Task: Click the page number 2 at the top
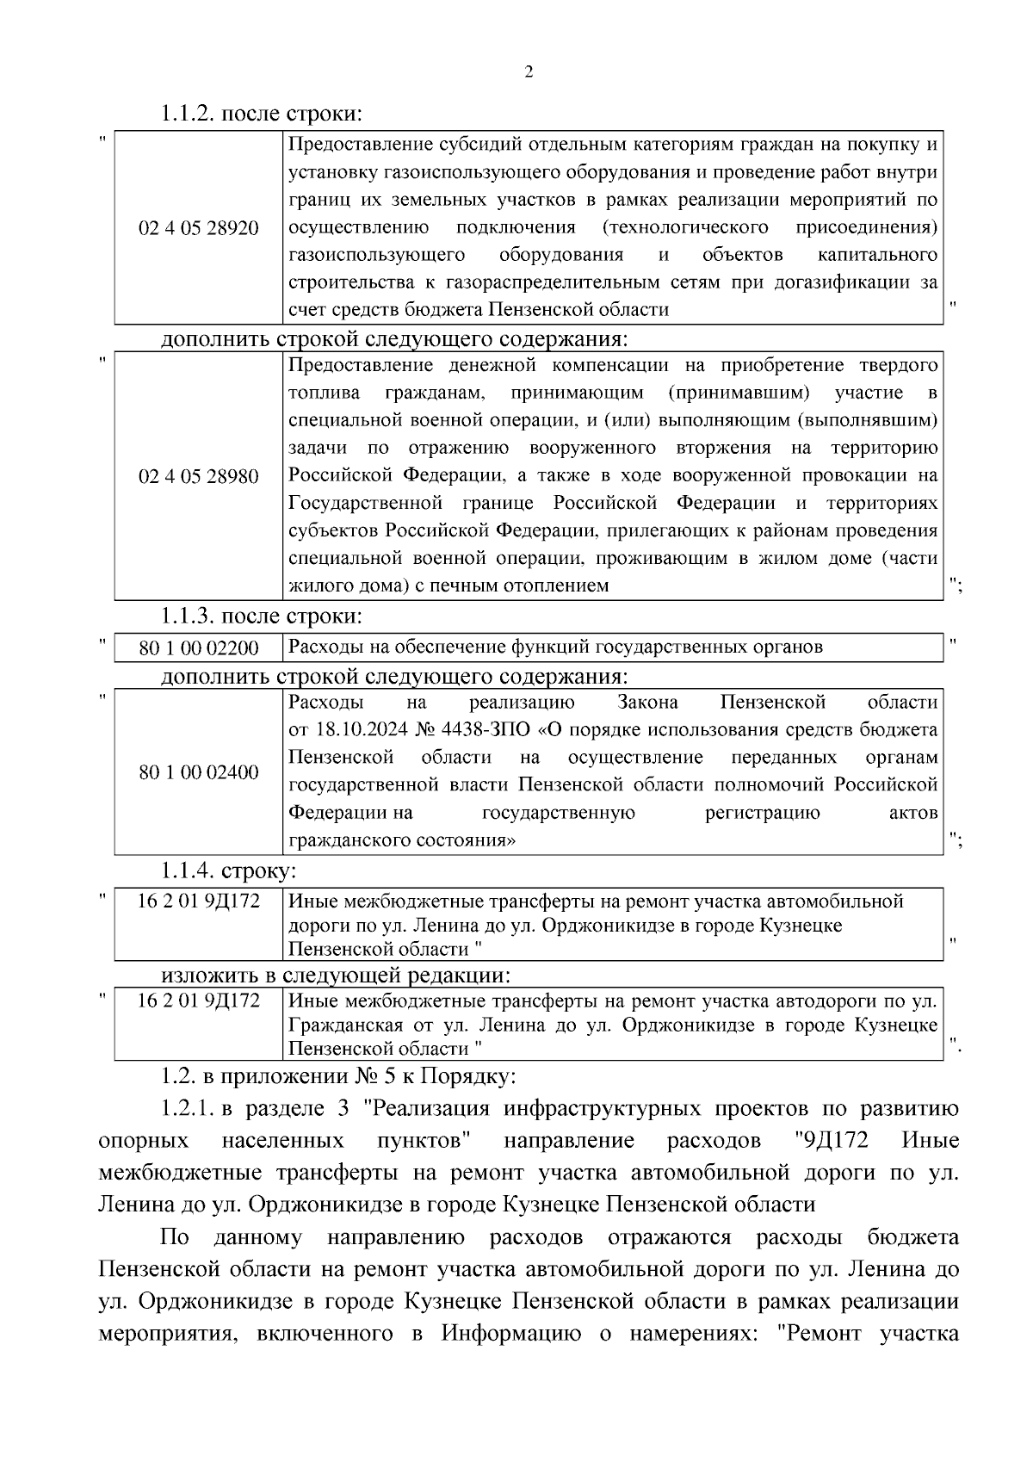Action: (x=529, y=72)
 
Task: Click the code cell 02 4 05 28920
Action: (x=199, y=228)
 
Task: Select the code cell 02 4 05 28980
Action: (x=199, y=476)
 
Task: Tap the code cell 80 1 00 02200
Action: (x=199, y=647)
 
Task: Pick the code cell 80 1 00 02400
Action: (x=199, y=772)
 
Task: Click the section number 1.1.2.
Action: (x=188, y=113)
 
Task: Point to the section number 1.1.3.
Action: (x=188, y=616)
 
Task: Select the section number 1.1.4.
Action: (x=188, y=870)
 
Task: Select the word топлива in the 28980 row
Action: (x=319, y=393)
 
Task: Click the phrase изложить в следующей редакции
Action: (x=336, y=976)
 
